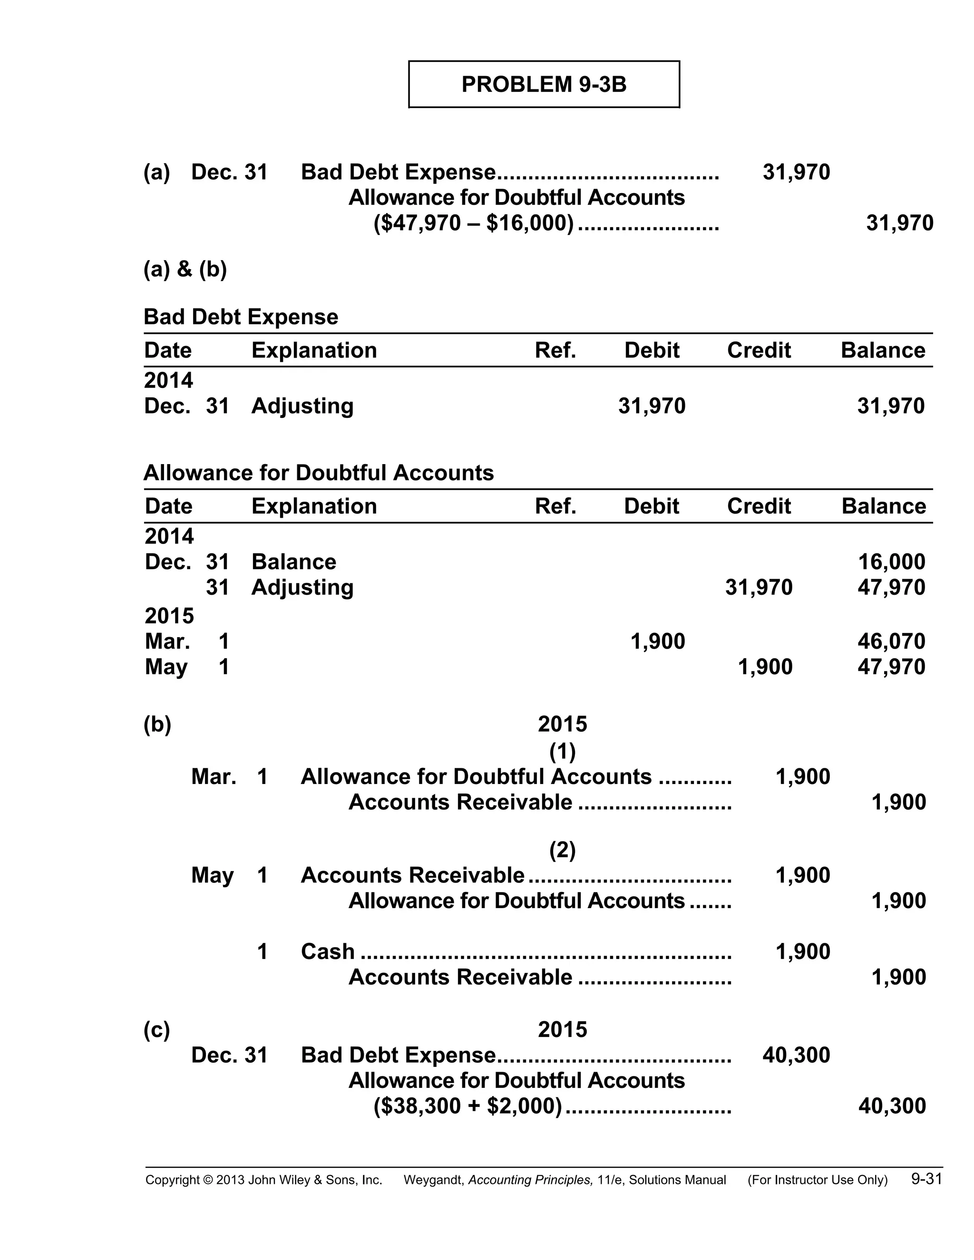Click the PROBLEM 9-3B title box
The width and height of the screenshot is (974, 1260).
[x=544, y=84]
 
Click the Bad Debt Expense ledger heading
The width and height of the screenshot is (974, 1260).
[x=241, y=317]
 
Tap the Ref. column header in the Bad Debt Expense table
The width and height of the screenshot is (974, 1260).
[x=555, y=350]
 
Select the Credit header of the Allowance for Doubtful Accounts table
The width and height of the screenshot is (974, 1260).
[x=758, y=506]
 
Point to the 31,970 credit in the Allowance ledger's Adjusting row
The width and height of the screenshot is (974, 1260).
[x=758, y=587]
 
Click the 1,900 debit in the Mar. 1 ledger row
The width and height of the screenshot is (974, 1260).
[x=658, y=641]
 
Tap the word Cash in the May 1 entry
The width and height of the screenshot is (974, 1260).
[x=327, y=951]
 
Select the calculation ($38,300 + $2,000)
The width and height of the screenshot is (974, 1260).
[x=468, y=1106]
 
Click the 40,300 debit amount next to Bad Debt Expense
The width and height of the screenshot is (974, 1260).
[x=796, y=1055]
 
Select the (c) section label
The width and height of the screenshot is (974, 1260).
[x=156, y=1029]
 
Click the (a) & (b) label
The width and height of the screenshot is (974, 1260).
[x=185, y=269]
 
